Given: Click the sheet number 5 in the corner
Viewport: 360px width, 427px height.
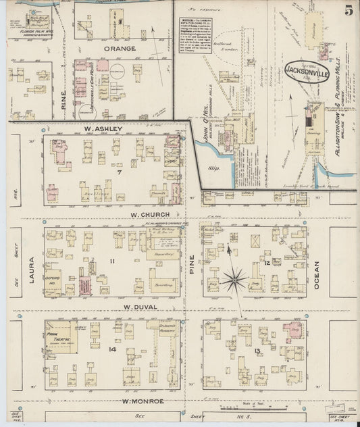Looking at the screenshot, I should coord(348,10).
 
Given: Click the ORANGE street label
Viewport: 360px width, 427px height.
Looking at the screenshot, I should coord(120,49).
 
